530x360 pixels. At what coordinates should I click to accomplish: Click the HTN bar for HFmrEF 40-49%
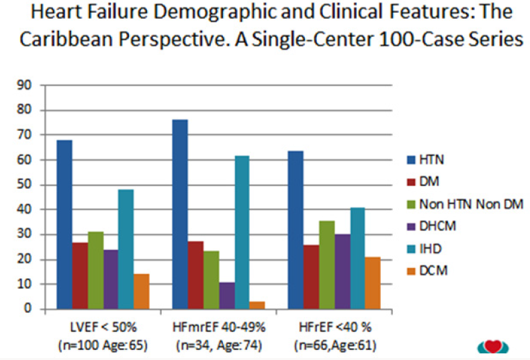coord(180,214)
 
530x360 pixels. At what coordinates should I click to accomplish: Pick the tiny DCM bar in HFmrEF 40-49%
coord(257,306)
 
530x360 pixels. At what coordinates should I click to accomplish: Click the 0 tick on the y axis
coord(29,309)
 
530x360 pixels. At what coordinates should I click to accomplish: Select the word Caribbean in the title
coord(64,39)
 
